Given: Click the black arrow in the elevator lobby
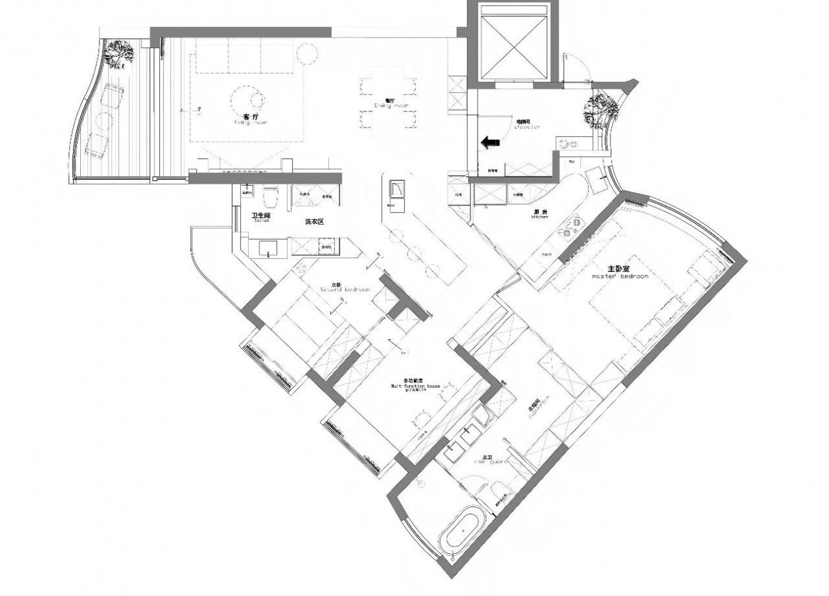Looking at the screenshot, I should pos(489,142).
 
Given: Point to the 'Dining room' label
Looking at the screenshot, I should pos(391,105).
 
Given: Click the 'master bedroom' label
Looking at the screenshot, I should pos(620,276).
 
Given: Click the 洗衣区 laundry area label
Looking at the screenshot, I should pos(314,222).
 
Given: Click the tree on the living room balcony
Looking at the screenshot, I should pos(119,53).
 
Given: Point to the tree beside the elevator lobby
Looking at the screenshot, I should pos(599,108).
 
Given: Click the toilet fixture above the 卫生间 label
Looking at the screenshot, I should pos(270,198).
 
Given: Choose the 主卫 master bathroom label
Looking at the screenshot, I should pos(487,458).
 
